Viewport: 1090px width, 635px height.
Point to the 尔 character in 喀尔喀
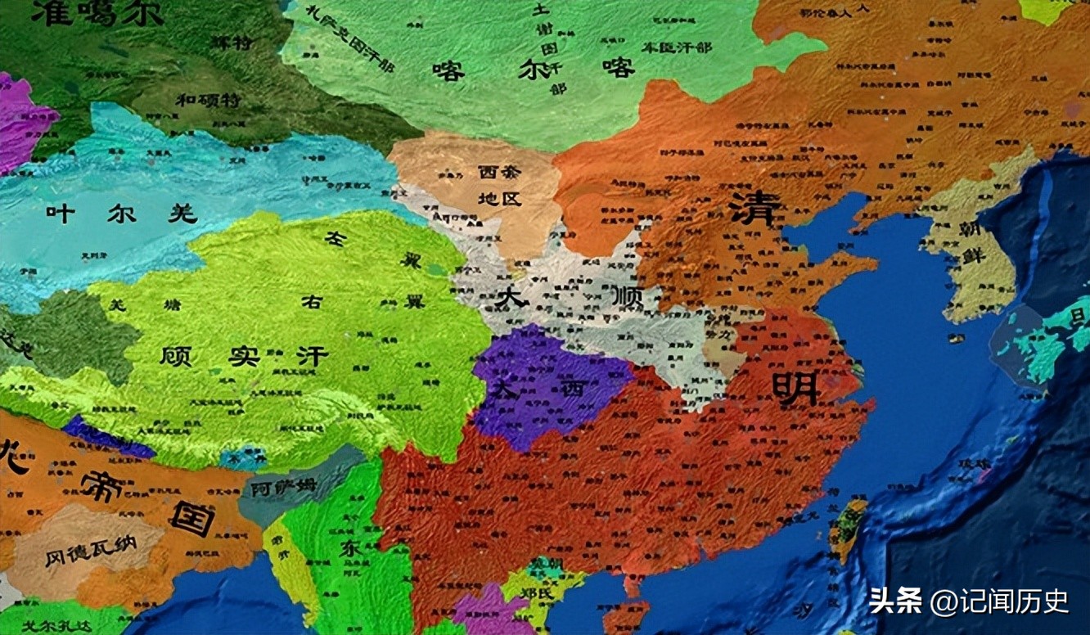tap(532, 70)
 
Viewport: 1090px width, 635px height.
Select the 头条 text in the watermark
tap(896, 601)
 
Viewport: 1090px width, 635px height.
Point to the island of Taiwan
tap(848, 528)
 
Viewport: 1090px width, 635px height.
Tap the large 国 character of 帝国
tap(192, 517)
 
